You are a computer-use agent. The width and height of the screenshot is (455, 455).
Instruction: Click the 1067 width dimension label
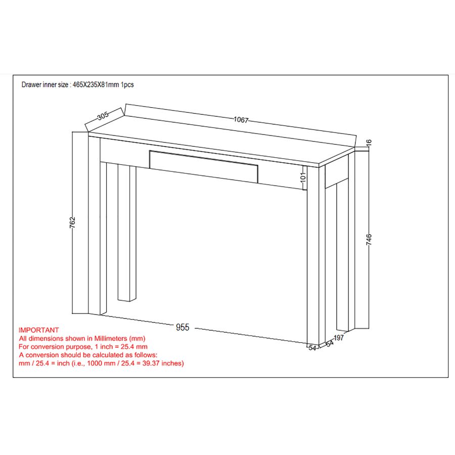click(x=241, y=120)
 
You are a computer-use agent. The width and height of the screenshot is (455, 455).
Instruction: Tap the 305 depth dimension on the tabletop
click(x=103, y=115)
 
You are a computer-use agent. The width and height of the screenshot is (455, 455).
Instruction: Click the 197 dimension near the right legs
click(x=339, y=338)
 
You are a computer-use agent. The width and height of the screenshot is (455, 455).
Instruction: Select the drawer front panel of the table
click(x=203, y=166)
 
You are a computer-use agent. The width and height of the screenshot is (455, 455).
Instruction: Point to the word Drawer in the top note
click(x=31, y=85)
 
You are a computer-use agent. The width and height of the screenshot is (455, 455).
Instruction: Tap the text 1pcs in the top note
click(x=127, y=85)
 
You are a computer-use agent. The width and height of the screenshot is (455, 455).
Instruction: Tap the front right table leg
click(x=313, y=253)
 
